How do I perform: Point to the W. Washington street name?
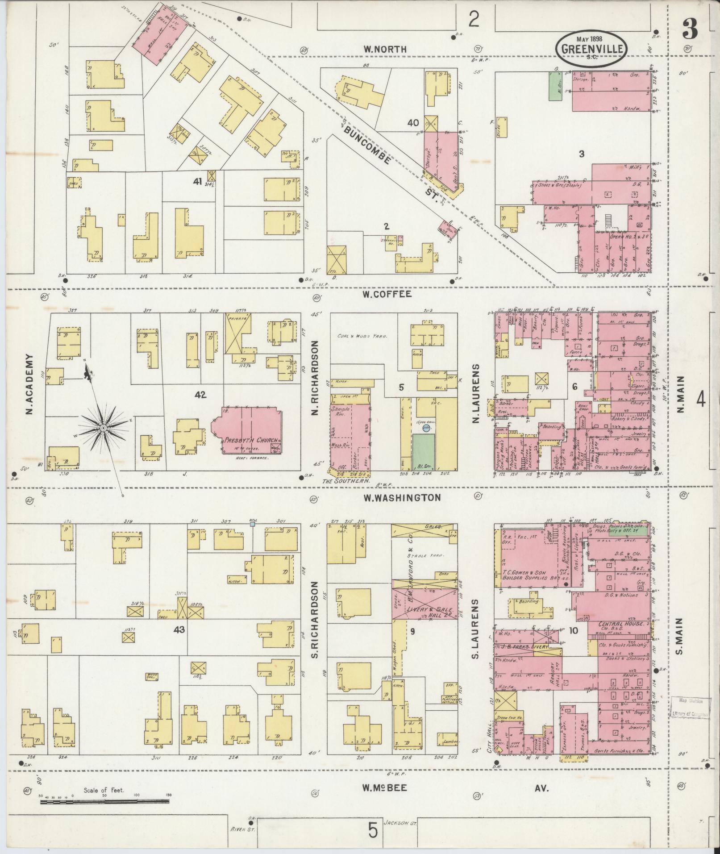click(401, 497)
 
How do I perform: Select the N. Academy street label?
click(29, 384)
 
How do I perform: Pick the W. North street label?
click(385, 50)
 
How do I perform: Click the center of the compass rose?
click(103, 428)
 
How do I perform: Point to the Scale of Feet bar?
click(104, 802)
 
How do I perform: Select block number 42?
click(200, 395)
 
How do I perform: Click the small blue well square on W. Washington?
click(253, 525)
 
